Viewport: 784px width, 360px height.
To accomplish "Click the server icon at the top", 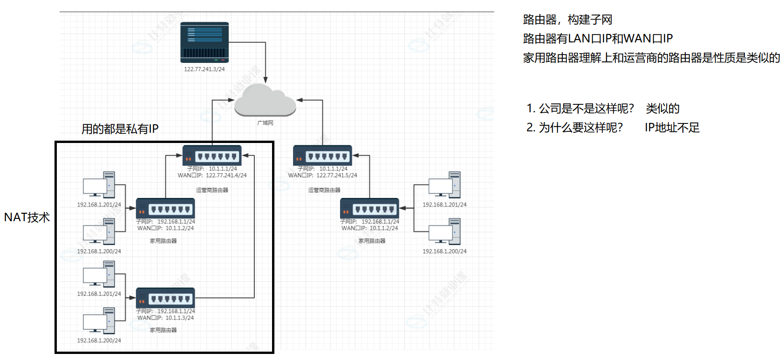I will [x=205, y=42].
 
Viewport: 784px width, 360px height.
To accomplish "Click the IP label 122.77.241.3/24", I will [x=204, y=69].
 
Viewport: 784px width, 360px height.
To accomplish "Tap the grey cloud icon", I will [x=265, y=100].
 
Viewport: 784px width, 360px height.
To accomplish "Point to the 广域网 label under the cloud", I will [x=265, y=123].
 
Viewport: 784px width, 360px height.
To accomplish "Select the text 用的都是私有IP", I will [x=120, y=129].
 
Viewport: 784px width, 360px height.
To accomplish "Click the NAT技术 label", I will [x=27, y=217].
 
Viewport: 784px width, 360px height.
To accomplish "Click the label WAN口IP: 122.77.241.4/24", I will [x=212, y=176].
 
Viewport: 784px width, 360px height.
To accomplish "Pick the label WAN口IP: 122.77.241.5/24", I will [x=322, y=176].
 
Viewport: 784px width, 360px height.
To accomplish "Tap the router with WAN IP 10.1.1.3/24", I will [x=165, y=298].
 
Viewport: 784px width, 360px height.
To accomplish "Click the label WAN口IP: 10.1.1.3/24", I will [x=165, y=318].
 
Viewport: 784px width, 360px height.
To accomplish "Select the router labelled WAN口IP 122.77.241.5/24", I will [x=322, y=156].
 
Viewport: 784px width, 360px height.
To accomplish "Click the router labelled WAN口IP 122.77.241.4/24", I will [x=212, y=156].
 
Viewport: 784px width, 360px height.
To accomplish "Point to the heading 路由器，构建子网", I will [x=567, y=20].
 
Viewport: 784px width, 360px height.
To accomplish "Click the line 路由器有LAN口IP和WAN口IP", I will [x=598, y=39].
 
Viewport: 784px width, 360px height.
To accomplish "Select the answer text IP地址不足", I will [x=672, y=128].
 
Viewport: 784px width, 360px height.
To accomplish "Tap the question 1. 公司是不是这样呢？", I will [x=580, y=109].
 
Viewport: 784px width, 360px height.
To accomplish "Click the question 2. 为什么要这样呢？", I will [x=574, y=128].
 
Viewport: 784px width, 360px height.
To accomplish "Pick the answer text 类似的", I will [x=662, y=109].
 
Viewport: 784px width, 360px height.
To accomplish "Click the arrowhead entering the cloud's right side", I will [x=300, y=100].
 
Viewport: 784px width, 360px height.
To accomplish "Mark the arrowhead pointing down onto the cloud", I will [x=266, y=80].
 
